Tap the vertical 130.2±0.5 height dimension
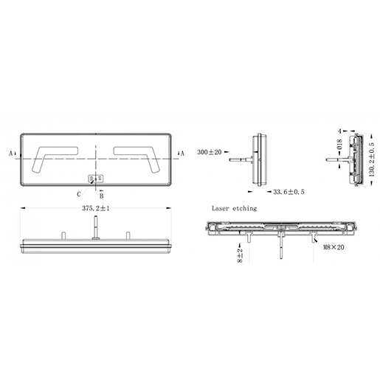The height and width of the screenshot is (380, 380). (x=370, y=159)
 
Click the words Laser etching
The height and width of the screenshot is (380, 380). (x=234, y=209)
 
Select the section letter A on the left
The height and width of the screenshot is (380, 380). (x=11, y=154)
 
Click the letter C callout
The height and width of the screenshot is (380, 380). (x=78, y=193)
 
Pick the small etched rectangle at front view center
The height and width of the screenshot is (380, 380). (x=96, y=179)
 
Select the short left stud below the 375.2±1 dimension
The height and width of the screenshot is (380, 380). (x=63, y=235)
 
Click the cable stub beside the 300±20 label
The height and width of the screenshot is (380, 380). (x=241, y=159)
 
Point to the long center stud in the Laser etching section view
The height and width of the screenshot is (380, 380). (x=280, y=246)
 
